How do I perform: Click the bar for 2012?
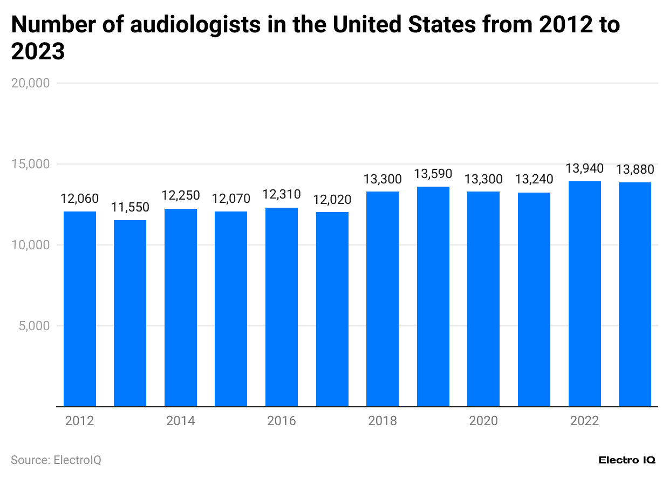(80, 309)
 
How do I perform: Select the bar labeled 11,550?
(130, 313)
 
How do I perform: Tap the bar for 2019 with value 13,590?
(433, 296)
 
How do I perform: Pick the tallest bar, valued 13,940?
(585, 293)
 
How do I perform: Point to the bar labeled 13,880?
(635, 294)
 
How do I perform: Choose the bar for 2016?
(282, 307)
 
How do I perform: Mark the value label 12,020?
(332, 200)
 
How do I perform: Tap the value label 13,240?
(534, 180)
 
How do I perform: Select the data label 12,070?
(231, 199)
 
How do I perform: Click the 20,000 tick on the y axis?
(31, 83)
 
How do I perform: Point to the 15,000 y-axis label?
(31, 164)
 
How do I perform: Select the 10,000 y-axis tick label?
(31, 245)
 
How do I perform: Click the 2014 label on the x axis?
(181, 421)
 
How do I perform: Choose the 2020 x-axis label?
(483, 421)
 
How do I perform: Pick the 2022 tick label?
(585, 421)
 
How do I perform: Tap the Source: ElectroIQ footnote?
(56, 460)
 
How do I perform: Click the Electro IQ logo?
(627, 460)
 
